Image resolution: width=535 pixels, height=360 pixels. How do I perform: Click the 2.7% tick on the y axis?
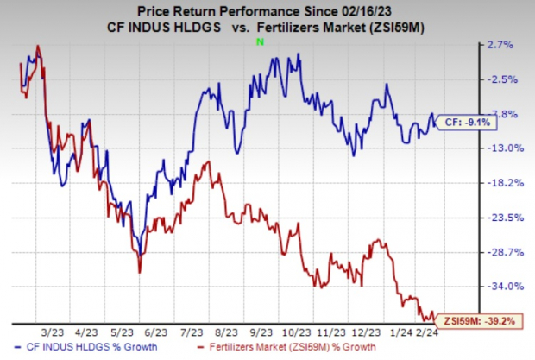(478, 44)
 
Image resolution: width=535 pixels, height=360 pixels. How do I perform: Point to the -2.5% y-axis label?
(477, 79)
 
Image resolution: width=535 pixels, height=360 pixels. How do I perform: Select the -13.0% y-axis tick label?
(477, 148)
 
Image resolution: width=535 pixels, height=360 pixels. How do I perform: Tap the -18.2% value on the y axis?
(477, 183)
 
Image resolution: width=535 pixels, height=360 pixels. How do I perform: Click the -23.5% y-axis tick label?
(477, 218)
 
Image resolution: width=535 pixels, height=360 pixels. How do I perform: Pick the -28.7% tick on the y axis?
(477, 252)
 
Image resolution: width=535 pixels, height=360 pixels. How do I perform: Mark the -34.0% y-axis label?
(477, 287)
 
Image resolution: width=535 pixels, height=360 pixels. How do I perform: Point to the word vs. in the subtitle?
(241, 29)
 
